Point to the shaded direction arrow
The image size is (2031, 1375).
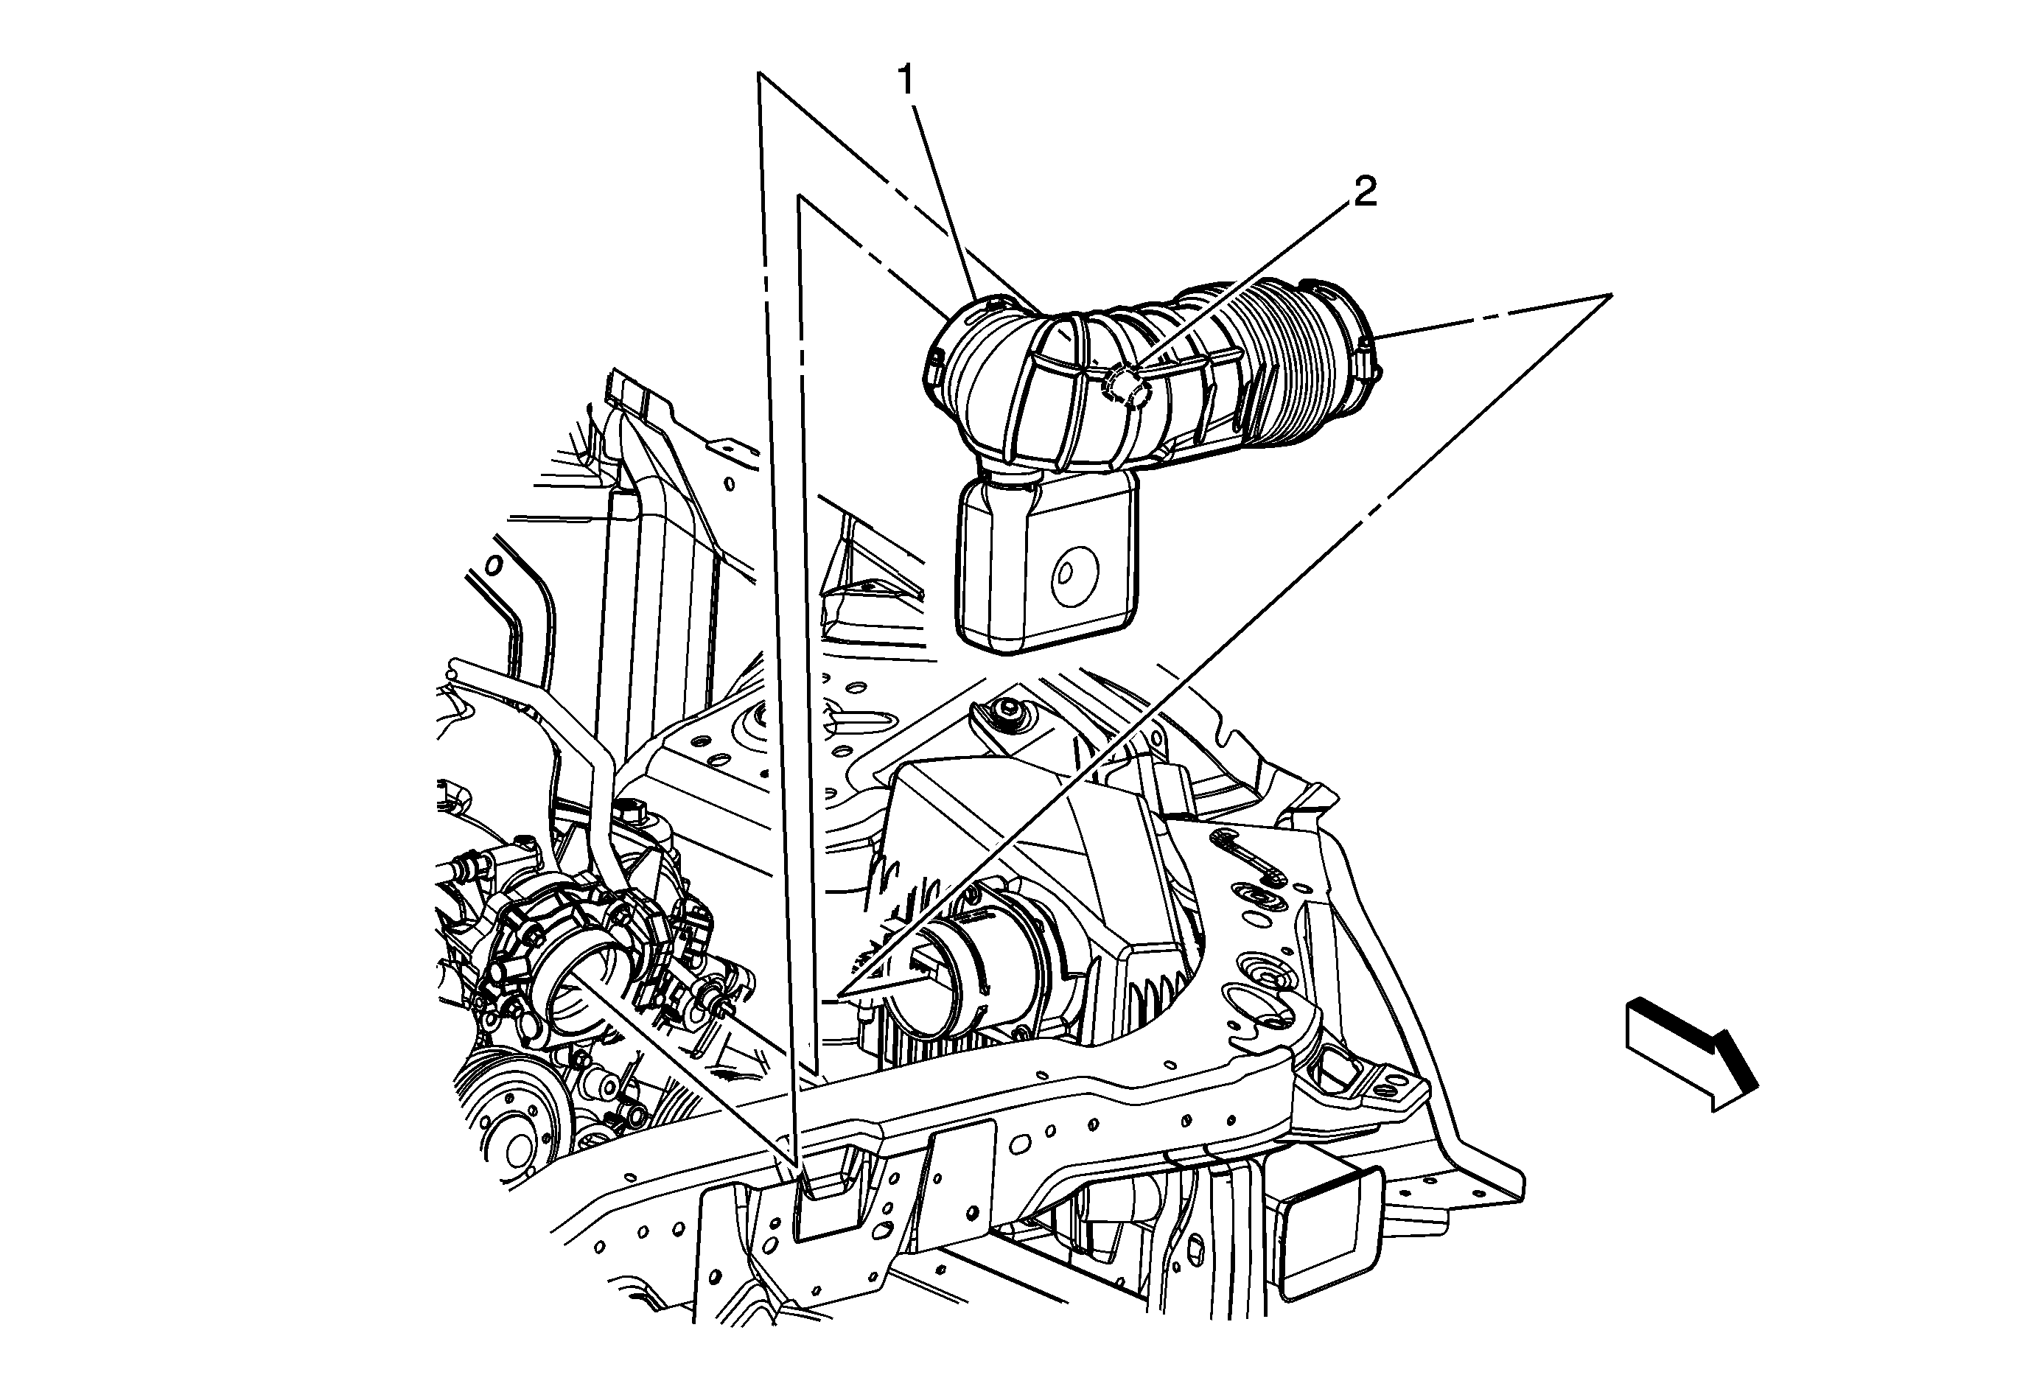point(1691,1053)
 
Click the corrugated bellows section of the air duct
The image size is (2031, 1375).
point(1293,367)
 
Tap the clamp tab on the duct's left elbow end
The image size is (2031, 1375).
point(931,367)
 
